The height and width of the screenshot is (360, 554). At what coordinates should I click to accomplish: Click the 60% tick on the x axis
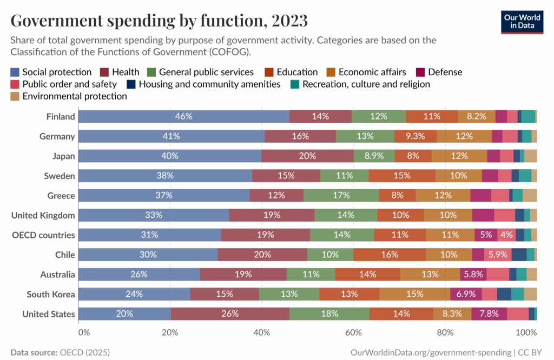click(x=354, y=331)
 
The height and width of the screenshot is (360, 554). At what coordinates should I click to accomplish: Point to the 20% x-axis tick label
click(x=170, y=331)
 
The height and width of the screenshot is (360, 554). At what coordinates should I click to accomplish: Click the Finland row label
click(x=61, y=117)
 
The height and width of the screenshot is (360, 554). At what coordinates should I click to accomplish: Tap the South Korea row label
click(x=51, y=294)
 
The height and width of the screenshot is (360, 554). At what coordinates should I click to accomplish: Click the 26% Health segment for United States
click(x=230, y=314)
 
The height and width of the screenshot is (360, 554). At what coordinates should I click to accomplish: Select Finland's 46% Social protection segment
click(x=184, y=117)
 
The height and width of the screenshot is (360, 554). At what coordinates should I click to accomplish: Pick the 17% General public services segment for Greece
click(x=341, y=195)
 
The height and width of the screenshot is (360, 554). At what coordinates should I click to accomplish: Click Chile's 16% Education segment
click(x=390, y=255)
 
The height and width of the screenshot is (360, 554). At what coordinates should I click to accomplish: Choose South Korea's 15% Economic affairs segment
click(x=414, y=294)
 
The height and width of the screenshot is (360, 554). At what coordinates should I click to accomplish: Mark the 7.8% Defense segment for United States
click(x=489, y=314)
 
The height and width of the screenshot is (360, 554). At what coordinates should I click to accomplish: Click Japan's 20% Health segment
click(x=308, y=156)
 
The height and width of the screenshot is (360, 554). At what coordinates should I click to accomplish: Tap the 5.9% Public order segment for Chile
click(x=498, y=255)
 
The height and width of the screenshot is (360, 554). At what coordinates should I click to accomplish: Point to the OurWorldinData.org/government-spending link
click(x=431, y=352)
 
